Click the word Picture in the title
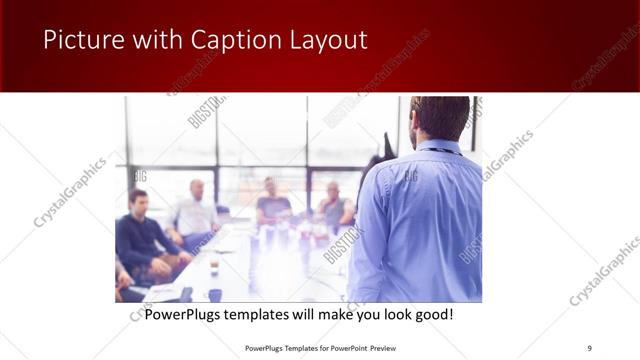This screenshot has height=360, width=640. (79, 41)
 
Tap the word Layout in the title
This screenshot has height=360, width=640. (322, 41)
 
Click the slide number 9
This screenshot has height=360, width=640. (589, 347)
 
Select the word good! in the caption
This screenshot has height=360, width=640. (432, 314)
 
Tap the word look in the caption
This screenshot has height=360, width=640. (391, 314)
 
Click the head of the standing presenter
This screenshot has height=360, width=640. (440, 118)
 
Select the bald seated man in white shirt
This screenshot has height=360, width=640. (197, 212)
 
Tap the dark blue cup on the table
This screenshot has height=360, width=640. (215, 295)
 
